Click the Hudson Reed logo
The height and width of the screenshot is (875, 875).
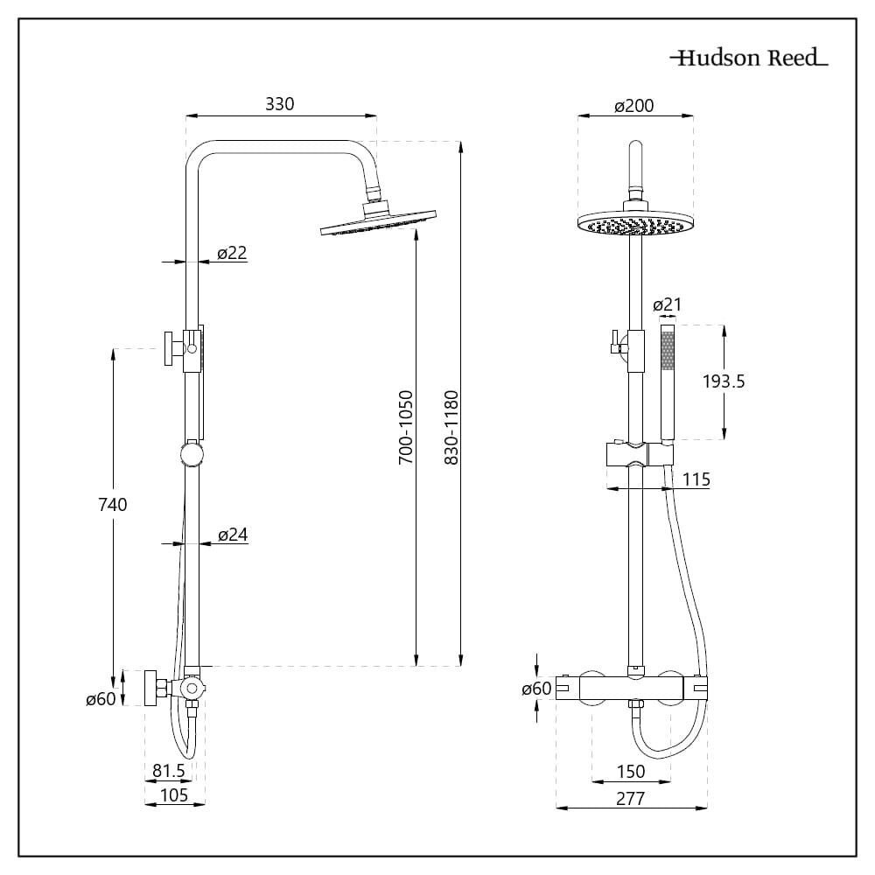[x=749, y=59]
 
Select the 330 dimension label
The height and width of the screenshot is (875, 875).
[x=280, y=104]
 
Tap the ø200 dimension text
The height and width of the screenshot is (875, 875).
[x=634, y=106]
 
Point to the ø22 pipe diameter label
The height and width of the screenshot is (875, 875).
[x=232, y=253]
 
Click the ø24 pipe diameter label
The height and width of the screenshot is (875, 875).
[x=232, y=535]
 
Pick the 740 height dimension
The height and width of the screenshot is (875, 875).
[x=113, y=504]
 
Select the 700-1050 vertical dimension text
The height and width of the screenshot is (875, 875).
[x=406, y=427]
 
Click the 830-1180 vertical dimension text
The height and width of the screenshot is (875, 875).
[x=451, y=427]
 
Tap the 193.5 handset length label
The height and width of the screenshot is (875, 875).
[x=724, y=381]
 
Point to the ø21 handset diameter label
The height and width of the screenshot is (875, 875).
[x=668, y=305]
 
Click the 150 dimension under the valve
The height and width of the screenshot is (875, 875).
[x=630, y=771]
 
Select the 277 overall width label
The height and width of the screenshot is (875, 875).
[x=630, y=798]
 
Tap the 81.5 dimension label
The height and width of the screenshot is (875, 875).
[x=169, y=771]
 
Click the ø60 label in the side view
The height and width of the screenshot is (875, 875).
[x=101, y=700]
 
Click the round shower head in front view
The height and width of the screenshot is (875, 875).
[x=636, y=224]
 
